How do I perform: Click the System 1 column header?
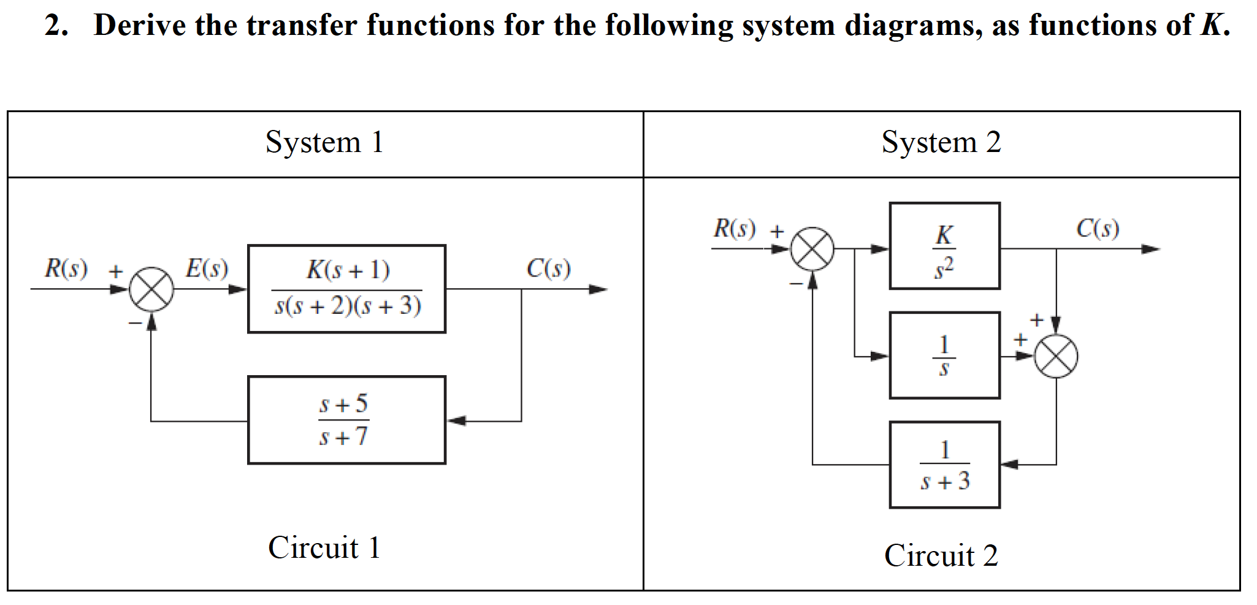[x=324, y=143]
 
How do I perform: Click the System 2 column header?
[x=941, y=143]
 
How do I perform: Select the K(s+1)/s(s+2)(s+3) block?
[x=346, y=289]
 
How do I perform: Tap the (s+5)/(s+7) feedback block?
[x=346, y=420]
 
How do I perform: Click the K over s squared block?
[x=944, y=246]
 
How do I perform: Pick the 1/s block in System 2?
[x=944, y=355]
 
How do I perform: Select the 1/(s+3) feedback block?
[x=944, y=465]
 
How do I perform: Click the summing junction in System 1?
[x=151, y=289]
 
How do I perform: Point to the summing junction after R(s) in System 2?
[x=812, y=249]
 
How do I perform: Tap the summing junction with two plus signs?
[x=1055, y=356]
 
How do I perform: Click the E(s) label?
[x=207, y=268]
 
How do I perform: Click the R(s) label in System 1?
[x=66, y=268]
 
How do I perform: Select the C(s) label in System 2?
[x=1098, y=229]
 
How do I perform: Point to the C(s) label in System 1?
[x=548, y=268]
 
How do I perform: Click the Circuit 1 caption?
[x=324, y=547]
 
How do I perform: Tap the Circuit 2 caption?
[x=941, y=556]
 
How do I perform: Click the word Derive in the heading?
[x=139, y=26]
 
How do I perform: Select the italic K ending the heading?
[x=1212, y=26]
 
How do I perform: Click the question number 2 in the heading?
[x=53, y=26]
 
